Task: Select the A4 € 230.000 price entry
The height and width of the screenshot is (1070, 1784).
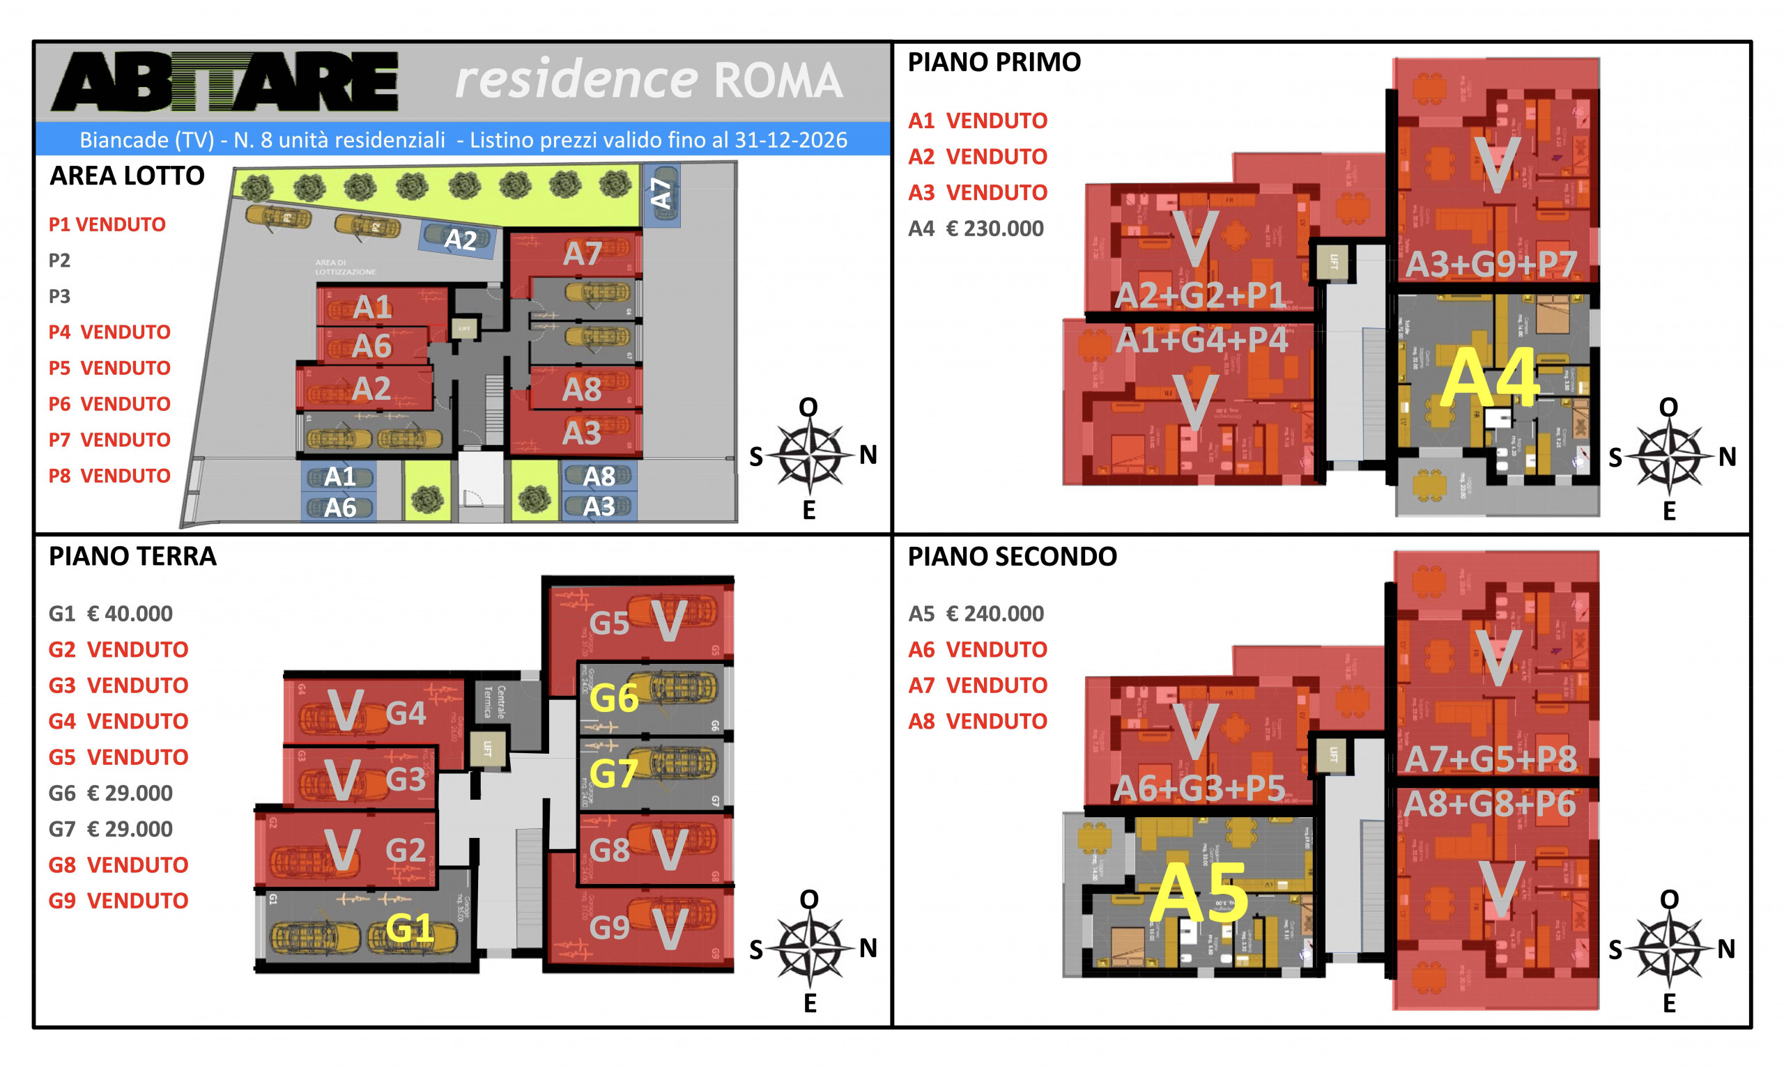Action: (975, 228)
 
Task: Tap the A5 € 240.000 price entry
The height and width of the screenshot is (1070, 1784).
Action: (975, 614)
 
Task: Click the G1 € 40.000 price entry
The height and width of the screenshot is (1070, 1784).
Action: (110, 614)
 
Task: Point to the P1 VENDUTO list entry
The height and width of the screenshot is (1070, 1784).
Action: (107, 224)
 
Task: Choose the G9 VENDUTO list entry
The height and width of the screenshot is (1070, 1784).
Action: (118, 901)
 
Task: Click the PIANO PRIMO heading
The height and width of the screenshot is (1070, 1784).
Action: (994, 63)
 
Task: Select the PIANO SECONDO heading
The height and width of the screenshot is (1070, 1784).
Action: (1012, 557)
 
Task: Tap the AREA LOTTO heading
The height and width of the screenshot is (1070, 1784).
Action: (127, 176)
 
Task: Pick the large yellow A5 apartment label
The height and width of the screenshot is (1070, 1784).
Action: (1199, 893)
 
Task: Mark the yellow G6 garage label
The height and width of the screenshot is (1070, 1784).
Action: (614, 698)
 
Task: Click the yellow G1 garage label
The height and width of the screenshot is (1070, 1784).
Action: (409, 928)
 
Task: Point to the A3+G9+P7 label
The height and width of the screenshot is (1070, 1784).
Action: (1491, 265)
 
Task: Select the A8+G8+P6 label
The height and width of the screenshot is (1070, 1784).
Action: (1490, 805)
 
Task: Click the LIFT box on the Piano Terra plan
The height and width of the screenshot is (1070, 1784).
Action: (486, 748)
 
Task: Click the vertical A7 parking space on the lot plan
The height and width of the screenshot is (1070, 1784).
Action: (661, 194)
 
